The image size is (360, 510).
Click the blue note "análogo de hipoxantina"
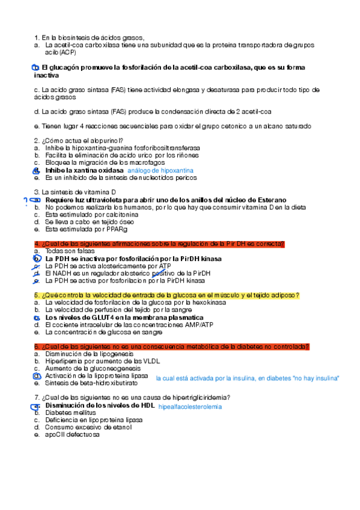click(x=160, y=171)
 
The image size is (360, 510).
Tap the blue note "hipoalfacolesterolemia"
click(x=189, y=407)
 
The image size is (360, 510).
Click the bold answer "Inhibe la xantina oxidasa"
click(x=84, y=170)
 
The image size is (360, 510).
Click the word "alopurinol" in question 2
click(x=106, y=141)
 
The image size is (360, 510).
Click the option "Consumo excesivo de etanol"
click(x=88, y=428)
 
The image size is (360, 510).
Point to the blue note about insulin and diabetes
click(x=248, y=378)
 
